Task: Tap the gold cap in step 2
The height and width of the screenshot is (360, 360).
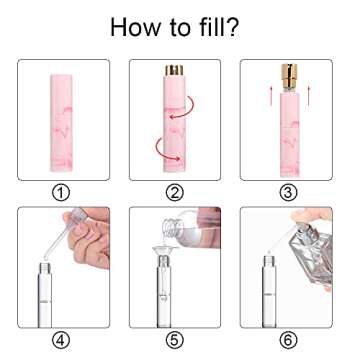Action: tap(172, 73)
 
